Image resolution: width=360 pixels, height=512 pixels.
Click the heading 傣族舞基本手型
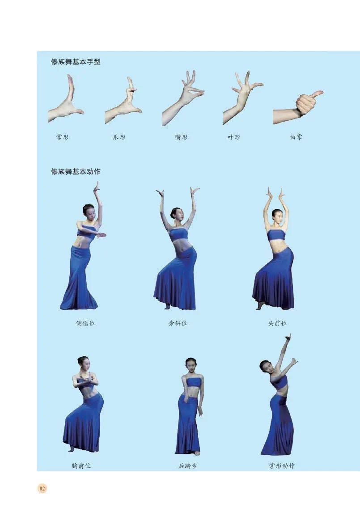point(76,61)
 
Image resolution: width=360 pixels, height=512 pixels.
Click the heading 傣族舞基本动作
point(76,171)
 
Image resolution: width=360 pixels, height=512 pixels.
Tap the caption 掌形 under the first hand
point(62,137)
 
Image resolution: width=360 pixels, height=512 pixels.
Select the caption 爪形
point(119,137)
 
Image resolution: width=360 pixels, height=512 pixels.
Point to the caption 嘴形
point(181,137)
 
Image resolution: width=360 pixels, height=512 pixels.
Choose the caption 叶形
point(234,137)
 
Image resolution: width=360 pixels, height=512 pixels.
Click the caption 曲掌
point(296,137)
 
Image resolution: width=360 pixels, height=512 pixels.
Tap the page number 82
point(42,488)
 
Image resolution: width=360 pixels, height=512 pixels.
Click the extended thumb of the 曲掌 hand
point(316,94)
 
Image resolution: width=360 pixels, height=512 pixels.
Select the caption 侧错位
point(85,323)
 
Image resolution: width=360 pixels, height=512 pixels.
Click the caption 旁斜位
point(178,323)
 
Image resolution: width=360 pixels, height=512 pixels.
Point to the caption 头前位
point(277,323)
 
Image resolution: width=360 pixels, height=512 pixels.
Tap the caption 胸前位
point(81,465)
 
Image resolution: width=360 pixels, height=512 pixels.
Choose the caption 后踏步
point(188,465)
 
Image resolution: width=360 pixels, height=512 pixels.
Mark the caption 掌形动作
point(282,465)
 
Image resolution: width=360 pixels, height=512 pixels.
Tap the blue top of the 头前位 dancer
point(276,235)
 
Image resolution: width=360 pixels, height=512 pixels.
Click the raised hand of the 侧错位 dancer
point(97,188)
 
